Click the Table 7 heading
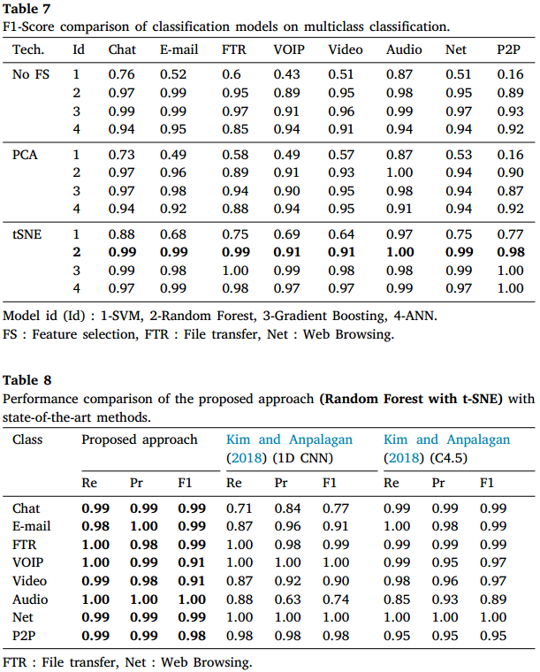point(27,9)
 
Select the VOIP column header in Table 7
point(289,50)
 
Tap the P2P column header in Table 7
point(508,50)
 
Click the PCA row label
point(25,155)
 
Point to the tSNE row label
point(27,234)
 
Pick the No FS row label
point(31,74)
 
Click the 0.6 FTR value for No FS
point(232,74)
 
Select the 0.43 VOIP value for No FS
point(287,74)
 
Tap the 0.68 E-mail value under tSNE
point(173,234)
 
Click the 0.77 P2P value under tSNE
point(510,234)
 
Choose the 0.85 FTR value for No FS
point(235,129)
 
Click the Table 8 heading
point(27,380)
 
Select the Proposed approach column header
point(140,439)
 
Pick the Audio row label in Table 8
point(30,599)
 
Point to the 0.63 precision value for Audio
point(287,599)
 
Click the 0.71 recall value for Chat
point(240,508)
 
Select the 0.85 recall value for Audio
point(397,599)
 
